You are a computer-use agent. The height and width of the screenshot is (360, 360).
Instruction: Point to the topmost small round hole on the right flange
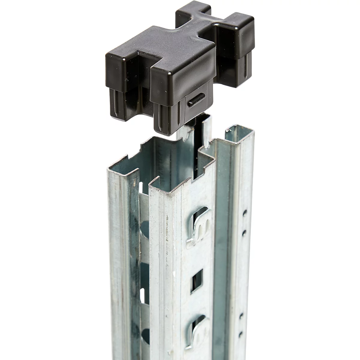(x=245, y=213)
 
